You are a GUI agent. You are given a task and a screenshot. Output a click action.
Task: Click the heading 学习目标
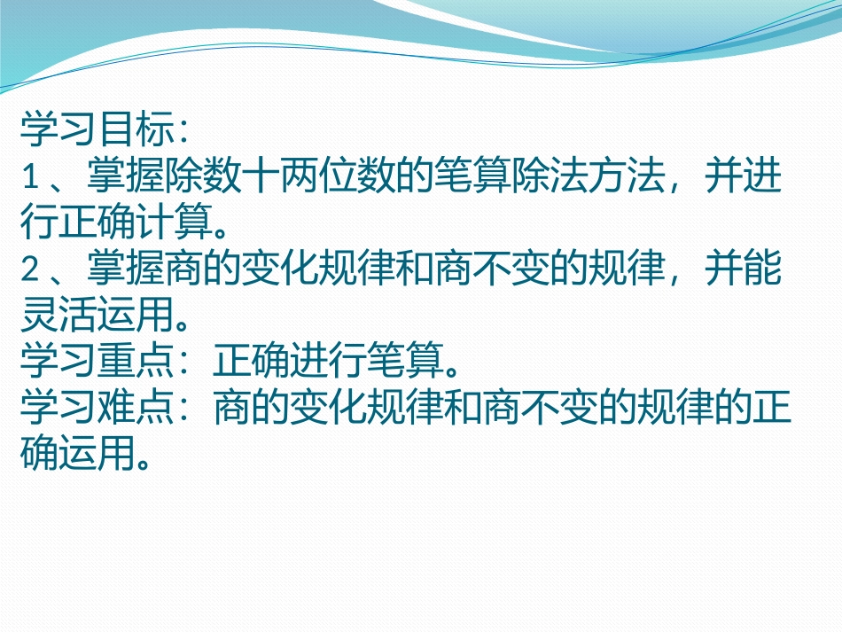(x=92, y=132)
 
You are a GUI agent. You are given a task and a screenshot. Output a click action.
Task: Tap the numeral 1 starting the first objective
(x=28, y=179)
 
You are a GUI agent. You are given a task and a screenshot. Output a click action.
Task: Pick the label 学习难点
(x=92, y=409)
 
